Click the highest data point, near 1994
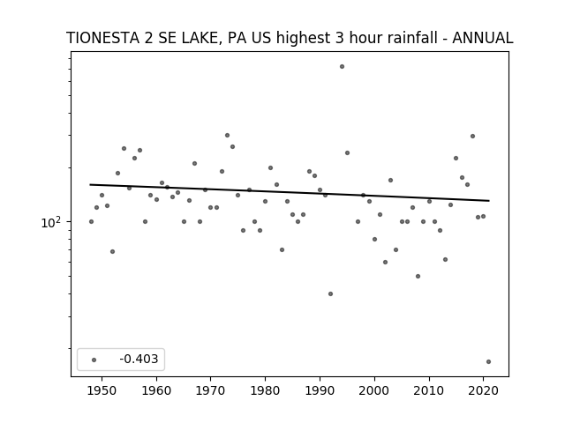[x=342, y=67]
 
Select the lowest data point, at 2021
[x=488, y=362]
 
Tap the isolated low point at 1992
[x=330, y=293]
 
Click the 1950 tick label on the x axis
[x=102, y=390]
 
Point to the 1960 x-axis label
[x=156, y=390]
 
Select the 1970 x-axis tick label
[x=211, y=390]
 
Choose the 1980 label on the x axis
[x=265, y=390]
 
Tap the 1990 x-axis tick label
[x=320, y=390]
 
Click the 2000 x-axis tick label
[x=374, y=390]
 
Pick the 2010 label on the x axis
[x=429, y=390]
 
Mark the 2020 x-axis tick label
[x=483, y=390]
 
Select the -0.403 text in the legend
[x=139, y=359]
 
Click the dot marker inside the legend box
[x=94, y=360]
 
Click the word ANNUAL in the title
[x=483, y=38]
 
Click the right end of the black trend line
[x=489, y=201]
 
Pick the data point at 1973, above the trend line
[x=228, y=135]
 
